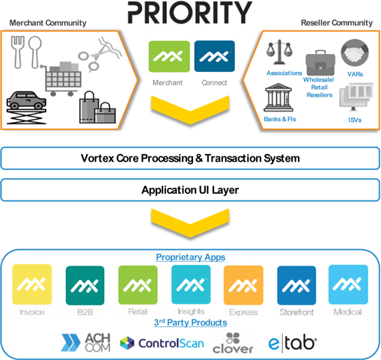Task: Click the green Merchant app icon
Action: (169, 56)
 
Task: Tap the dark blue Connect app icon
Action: (215, 56)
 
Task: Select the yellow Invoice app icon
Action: (32, 284)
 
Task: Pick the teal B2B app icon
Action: (85, 285)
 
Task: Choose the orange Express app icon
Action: (243, 285)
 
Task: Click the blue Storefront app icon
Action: (296, 285)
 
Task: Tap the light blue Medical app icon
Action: (348, 284)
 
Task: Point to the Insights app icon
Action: (191, 284)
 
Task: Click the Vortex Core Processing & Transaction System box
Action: (190, 159)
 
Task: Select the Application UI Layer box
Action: (190, 190)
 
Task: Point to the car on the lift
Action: (26, 107)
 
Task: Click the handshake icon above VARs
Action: (355, 52)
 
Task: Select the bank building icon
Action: (278, 97)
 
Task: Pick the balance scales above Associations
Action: (279, 52)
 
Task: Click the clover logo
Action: (233, 343)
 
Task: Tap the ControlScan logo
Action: (162, 343)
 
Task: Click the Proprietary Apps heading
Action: (191, 257)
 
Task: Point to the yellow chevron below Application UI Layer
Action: (190, 222)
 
